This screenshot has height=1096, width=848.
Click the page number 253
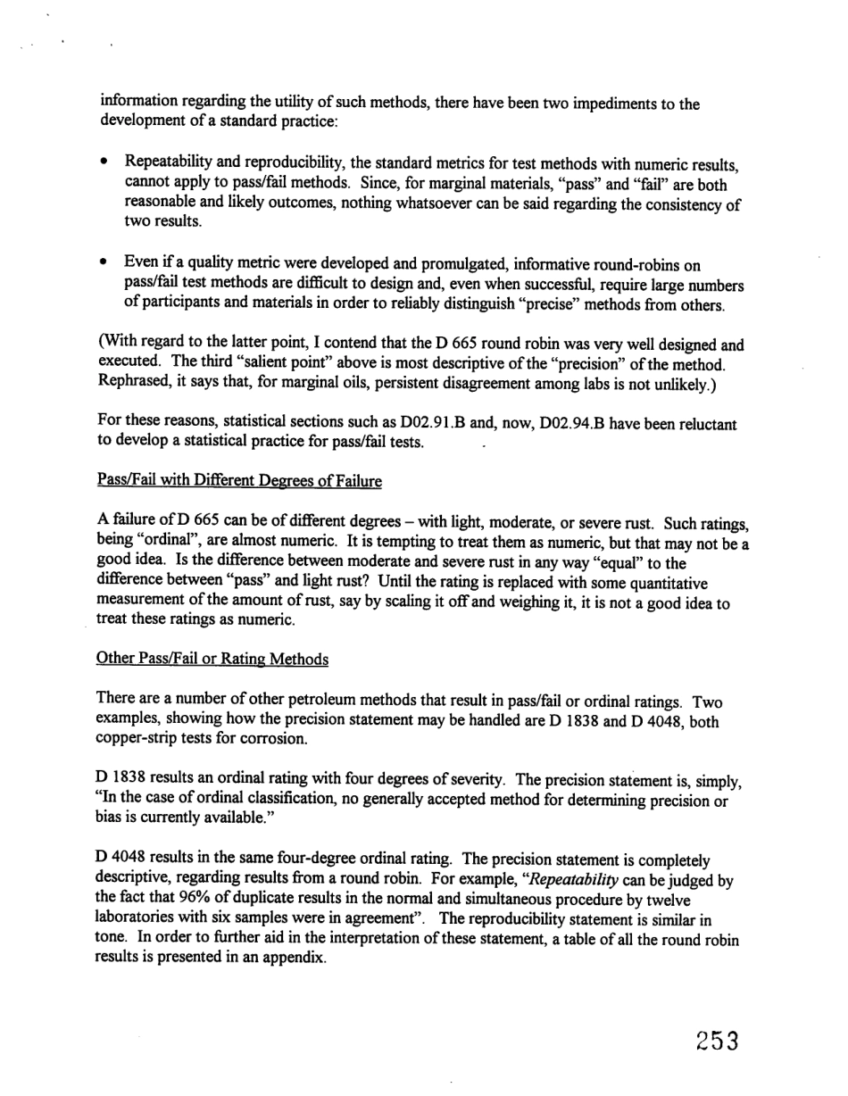[708, 1040]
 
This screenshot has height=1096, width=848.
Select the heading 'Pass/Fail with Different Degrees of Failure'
[239, 481]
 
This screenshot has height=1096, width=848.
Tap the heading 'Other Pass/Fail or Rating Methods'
[212, 659]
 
